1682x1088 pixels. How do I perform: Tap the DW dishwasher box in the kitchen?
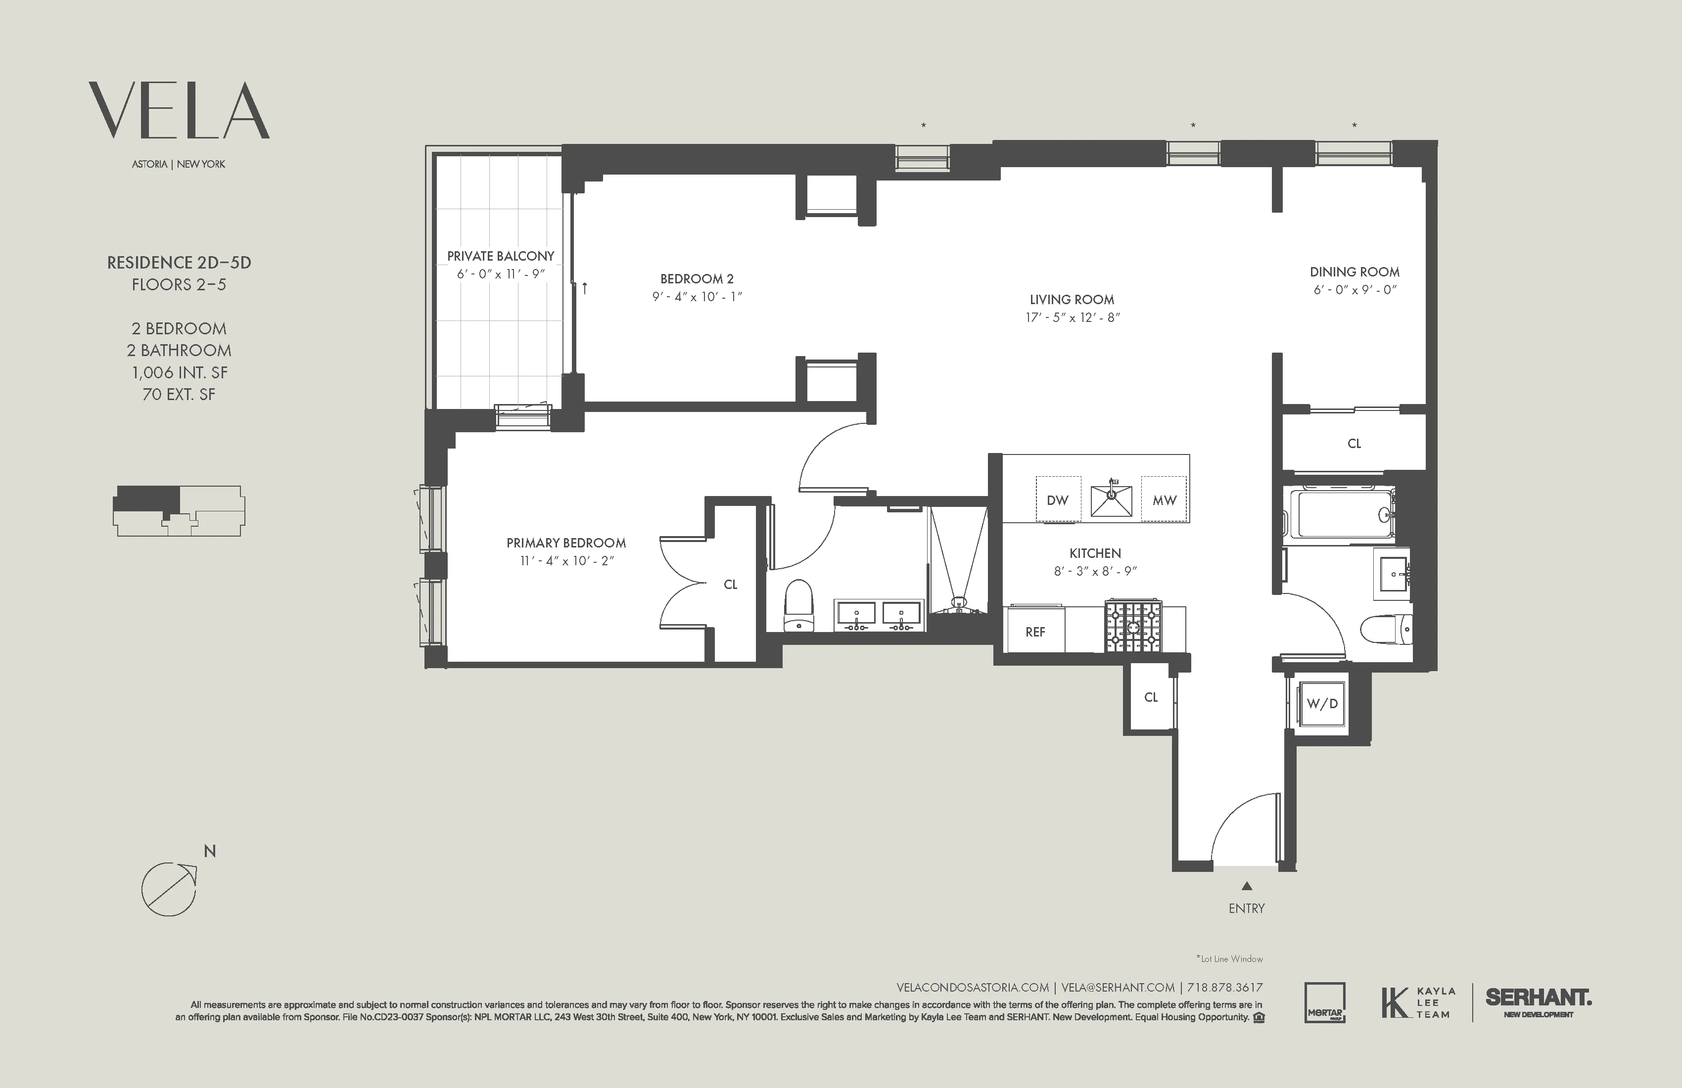coord(1057,500)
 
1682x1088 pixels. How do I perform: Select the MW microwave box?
coord(1164,500)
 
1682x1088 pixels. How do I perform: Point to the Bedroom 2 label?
coord(697,279)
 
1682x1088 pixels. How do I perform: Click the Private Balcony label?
coord(500,256)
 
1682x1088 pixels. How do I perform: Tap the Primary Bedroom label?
coord(566,543)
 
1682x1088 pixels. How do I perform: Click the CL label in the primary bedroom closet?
coord(730,584)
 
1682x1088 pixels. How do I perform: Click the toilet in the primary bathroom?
coord(799,607)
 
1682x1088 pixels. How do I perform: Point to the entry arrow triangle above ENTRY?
coord(1247,886)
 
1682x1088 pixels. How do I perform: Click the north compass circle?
coord(168,889)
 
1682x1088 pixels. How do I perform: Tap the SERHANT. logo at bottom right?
coord(1538,998)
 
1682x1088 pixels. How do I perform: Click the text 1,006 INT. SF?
coord(179,373)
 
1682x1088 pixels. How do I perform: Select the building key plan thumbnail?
coord(179,510)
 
